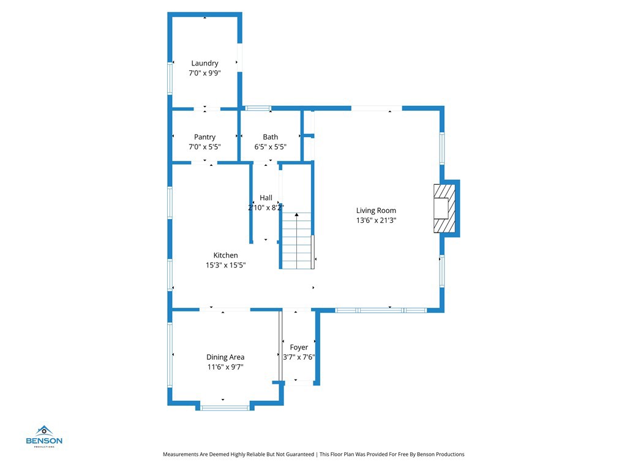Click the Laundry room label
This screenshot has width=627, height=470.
[x=205, y=63]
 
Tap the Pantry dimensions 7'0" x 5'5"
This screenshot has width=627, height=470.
[x=205, y=147]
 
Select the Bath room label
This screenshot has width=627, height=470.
[x=270, y=137]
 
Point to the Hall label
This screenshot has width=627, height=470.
[x=266, y=198]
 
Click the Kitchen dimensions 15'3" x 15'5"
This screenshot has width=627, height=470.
[x=225, y=265]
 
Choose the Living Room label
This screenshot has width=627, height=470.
[x=376, y=211]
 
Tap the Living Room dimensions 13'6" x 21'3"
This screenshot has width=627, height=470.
[x=376, y=220]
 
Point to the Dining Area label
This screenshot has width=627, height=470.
[x=225, y=357]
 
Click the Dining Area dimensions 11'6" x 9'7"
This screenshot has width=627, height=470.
[x=225, y=367]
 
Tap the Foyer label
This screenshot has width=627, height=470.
[x=299, y=348]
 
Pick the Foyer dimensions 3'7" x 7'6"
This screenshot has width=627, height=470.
[x=299, y=357]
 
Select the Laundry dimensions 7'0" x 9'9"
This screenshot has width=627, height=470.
[x=205, y=73]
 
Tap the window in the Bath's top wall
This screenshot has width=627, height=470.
[x=258, y=108]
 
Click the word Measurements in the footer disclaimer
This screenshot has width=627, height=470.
[x=181, y=454]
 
